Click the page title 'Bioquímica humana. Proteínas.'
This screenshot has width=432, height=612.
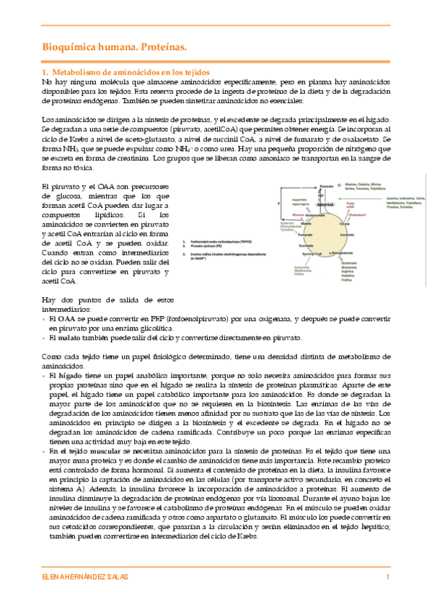(113, 48)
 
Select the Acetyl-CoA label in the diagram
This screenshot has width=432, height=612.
(325, 204)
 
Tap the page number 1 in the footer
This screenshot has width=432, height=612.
(388, 579)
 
